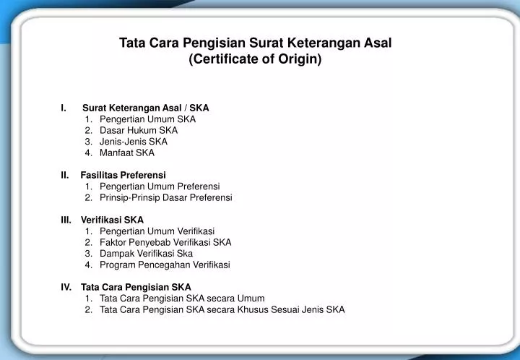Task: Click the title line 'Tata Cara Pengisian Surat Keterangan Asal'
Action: pos(256,43)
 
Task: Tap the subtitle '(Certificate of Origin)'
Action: pos(255,59)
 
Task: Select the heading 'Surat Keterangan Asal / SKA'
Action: pos(145,108)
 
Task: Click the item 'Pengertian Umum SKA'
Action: pos(147,119)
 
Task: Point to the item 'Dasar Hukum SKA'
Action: pos(139,130)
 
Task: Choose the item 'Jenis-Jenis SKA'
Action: pos(134,142)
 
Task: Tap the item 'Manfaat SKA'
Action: pos(127,153)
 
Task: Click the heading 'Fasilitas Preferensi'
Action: pos(123,175)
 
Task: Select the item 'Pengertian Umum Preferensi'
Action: pos(160,187)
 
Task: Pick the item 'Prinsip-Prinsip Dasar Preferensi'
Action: pos(166,197)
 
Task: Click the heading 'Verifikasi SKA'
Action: pos(113,220)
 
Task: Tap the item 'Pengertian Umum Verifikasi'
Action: pos(157,231)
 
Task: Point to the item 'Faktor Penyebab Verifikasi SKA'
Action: pos(165,242)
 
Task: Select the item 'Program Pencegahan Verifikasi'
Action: pos(165,265)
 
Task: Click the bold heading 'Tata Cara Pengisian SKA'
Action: pos(136,287)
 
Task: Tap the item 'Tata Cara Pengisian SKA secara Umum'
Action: pos(182,299)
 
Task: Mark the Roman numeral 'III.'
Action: pos(66,220)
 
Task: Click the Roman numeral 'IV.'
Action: pos(66,287)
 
